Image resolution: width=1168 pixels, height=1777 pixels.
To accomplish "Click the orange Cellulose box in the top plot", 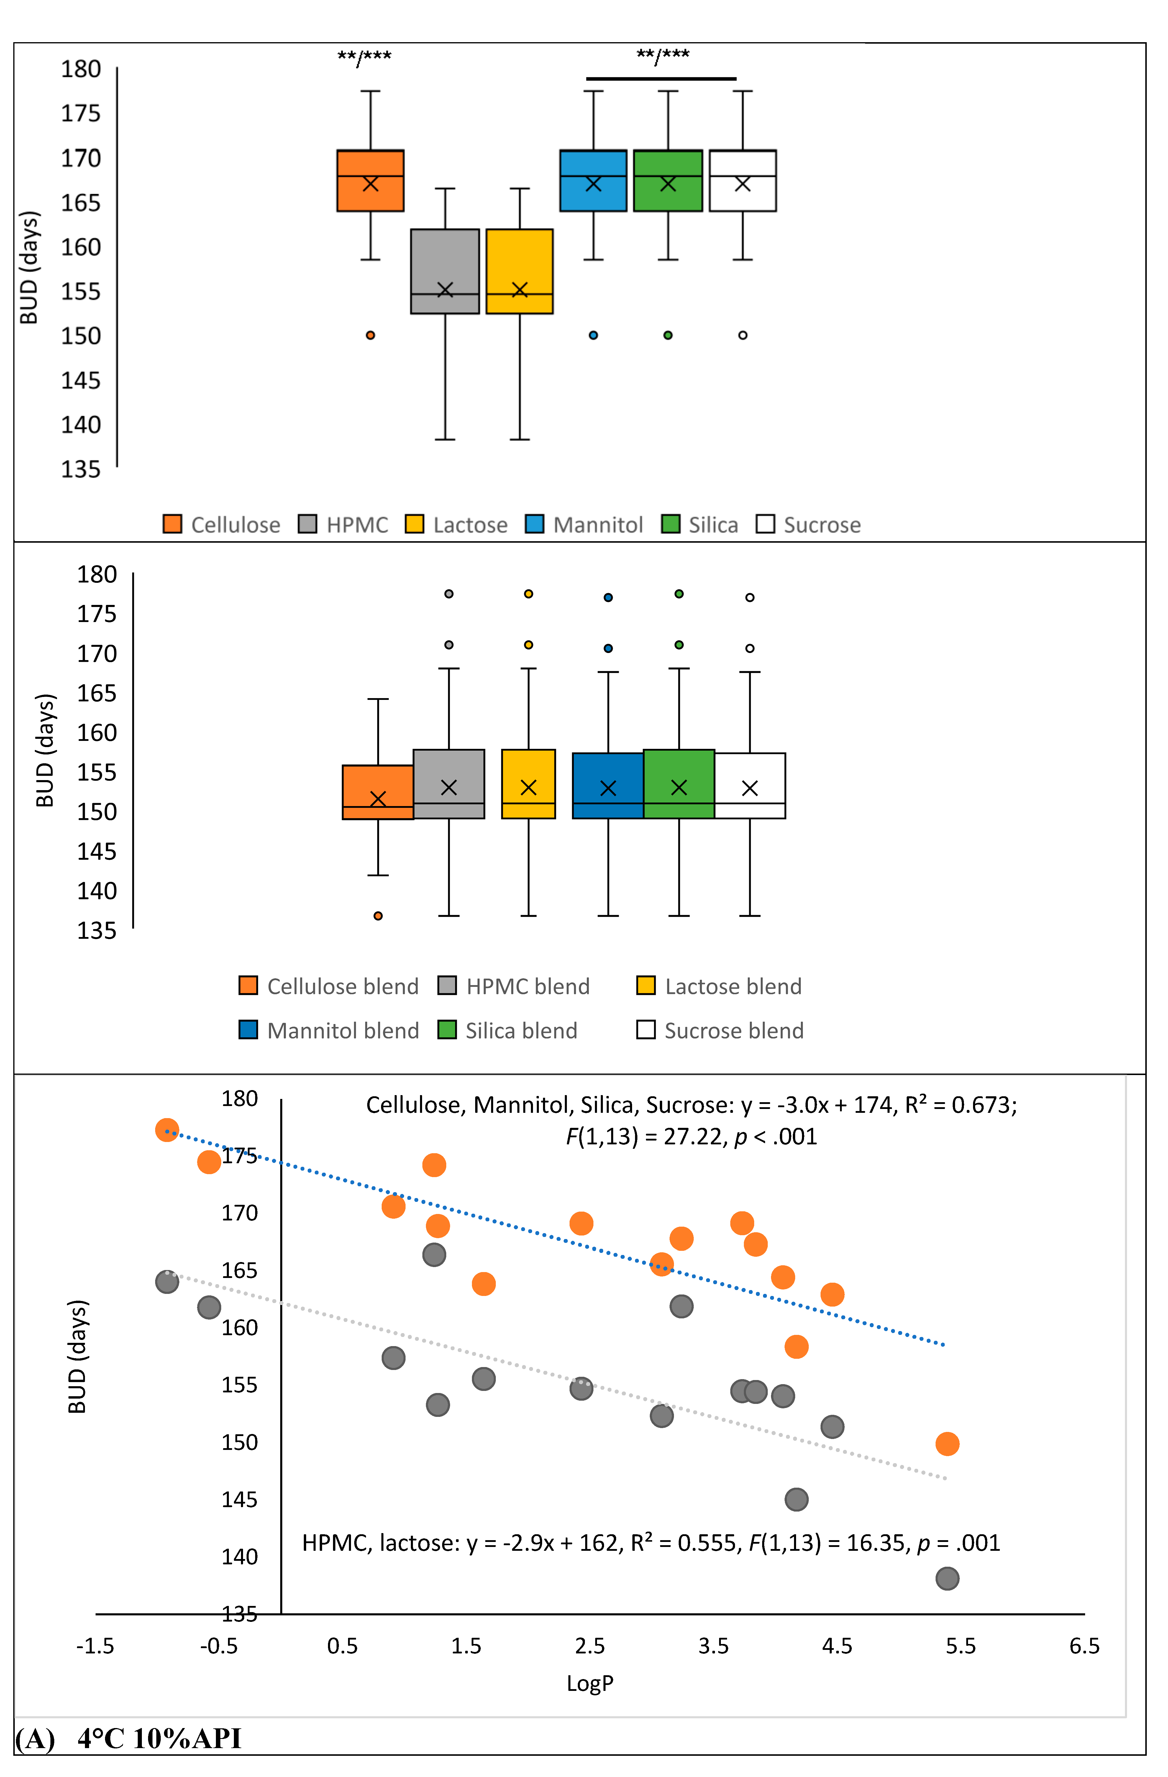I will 370,181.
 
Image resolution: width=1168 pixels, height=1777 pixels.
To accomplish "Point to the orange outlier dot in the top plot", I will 370,335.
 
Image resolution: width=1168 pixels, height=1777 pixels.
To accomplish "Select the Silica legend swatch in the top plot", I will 671,524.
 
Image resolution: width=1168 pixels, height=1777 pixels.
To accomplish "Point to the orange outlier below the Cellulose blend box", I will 378,915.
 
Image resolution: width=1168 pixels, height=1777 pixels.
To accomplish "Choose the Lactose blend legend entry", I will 719,986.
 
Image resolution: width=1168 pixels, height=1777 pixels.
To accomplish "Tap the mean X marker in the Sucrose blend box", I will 750,788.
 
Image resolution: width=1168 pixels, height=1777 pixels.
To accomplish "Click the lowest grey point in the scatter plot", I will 947,1579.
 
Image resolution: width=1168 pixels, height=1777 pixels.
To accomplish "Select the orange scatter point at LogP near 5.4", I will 947,1444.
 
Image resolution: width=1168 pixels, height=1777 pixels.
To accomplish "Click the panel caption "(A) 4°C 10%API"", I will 128,1738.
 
